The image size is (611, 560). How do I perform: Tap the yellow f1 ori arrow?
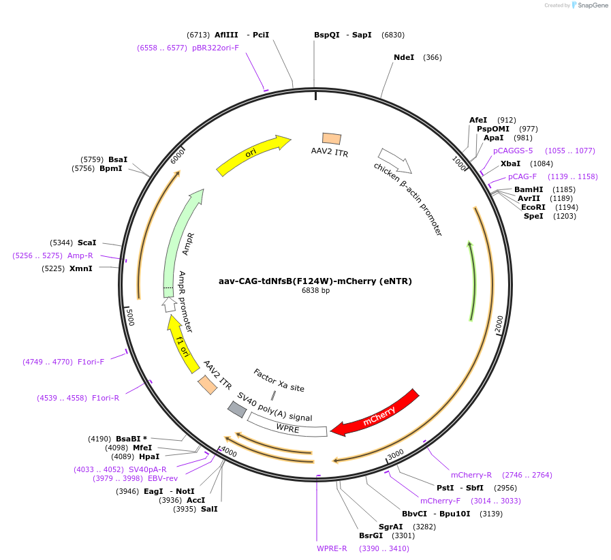[x=183, y=344]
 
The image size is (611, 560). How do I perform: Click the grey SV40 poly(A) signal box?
[x=236, y=409]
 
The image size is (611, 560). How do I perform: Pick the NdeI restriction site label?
[x=404, y=57]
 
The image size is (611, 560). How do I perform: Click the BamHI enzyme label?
[x=529, y=189]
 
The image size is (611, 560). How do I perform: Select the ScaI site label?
[x=87, y=243]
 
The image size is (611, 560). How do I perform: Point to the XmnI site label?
[x=81, y=268]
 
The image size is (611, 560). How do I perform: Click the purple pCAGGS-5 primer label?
[x=513, y=151]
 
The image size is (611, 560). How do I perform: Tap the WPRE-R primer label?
[x=332, y=548]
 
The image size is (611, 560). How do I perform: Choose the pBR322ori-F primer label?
[x=215, y=48]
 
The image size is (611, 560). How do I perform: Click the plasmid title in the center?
[x=315, y=281]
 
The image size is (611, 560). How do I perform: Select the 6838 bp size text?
[x=315, y=290]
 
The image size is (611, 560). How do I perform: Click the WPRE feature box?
[x=287, y=429]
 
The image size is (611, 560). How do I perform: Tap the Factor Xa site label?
[x=279, y=380]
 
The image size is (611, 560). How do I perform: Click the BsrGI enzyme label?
[x=371, y=535]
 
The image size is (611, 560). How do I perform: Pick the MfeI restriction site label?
[x=142, y=448]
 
